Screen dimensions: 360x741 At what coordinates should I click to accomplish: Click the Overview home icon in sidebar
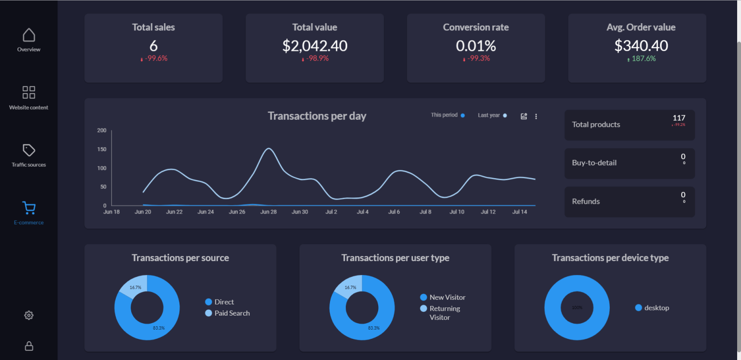click(29, 35)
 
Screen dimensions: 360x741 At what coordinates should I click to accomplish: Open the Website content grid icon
click(29, 92)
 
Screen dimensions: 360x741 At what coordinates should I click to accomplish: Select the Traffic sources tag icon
click(29, 150)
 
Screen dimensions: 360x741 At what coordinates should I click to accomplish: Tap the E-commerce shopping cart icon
click(29, 208)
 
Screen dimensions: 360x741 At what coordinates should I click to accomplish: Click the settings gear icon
click(29, 315)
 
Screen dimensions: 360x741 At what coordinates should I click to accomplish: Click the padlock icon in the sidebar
click(29, 346)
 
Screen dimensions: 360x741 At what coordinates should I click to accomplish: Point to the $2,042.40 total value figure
click(315, 46)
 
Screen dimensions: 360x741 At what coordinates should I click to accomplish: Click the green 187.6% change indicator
click(641, 58)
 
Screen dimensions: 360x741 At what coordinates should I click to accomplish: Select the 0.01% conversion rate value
click(476, 46)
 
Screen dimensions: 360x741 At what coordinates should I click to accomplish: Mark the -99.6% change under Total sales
click(154, 58)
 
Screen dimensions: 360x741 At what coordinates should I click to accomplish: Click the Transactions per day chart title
click(317, 116)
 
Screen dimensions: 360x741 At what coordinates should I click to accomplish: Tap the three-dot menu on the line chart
click(536, 116)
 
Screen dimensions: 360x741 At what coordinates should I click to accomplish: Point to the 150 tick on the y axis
click(101, 149)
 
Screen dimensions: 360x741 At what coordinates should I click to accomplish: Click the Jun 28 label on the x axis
click(268, 212)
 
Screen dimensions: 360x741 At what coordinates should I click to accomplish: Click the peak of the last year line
click(268, 148)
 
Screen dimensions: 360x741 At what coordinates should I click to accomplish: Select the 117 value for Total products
click(679, 118)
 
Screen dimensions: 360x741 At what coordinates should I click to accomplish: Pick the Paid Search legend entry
click(232, 313)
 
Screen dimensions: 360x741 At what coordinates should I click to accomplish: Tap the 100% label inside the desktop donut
click(577, 307)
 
